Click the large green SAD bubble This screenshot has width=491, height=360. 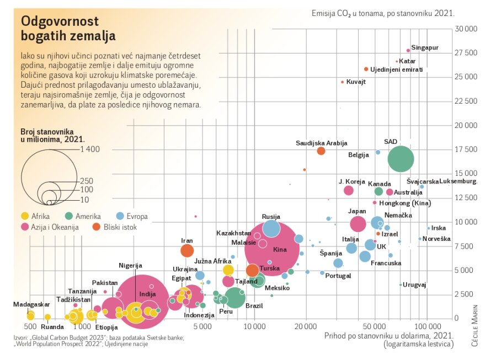coord(401,159)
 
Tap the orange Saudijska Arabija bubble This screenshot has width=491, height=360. coord(321,151)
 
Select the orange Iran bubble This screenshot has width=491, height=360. coord(187,251)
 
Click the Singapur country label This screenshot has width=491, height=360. coord(425,48)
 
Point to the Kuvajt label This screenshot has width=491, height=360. coord(356,82)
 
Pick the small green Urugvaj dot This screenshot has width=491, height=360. coord(401,284)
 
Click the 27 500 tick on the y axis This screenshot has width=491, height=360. coord(467,53)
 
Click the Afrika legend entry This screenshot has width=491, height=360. coord(36,216)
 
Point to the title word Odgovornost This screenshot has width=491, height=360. coord(59,22)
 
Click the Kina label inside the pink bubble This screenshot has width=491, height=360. coord(280,250)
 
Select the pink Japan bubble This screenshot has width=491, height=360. coord(358,224)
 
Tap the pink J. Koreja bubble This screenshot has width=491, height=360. coord(348,190)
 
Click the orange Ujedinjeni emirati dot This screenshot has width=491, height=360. coord(366,69)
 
